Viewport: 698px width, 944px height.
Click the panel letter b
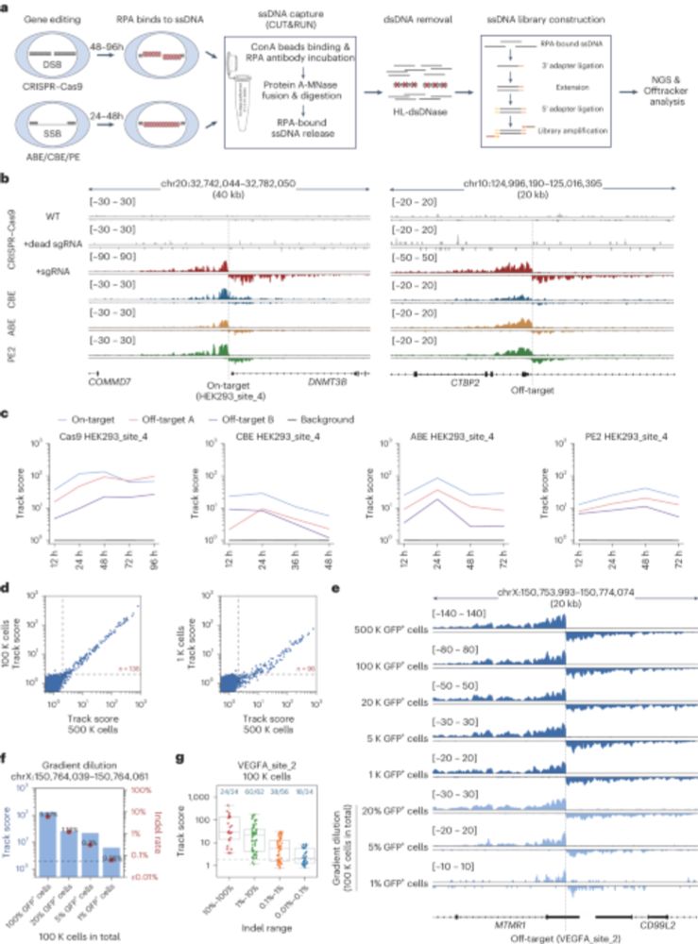(7, 177)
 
